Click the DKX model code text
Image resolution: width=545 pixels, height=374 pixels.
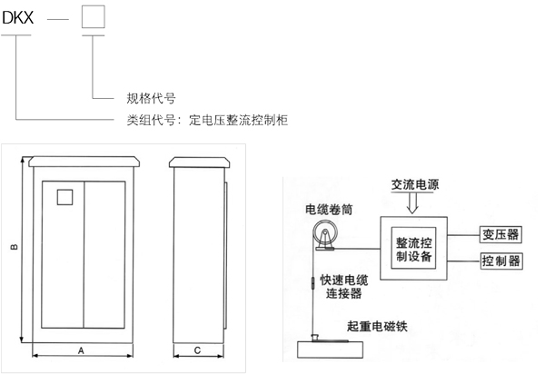coord(18,17)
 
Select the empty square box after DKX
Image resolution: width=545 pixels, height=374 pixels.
coord(94,16)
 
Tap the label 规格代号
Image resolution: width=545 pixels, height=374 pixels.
coord(151,98)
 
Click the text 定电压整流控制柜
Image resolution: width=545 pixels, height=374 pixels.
coord(238,120)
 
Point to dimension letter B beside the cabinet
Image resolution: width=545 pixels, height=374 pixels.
coord(15,247)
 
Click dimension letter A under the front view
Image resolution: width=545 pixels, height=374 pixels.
coord(81,350)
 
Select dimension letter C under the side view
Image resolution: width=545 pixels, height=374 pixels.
coord(197,350)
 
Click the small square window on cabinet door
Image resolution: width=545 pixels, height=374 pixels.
coord(65,197)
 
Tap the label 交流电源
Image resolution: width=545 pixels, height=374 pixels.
coord(415,184)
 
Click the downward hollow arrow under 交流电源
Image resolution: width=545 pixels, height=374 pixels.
coord(413,203)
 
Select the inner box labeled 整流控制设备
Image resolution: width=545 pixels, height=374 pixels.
coord(413,248)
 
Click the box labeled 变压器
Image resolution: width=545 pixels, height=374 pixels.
coord(500,235)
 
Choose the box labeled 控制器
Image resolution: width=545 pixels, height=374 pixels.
coord(500,261)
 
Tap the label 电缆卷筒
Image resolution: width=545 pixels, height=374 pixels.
coord(329,210)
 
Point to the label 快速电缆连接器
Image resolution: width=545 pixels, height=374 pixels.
coord(343,287)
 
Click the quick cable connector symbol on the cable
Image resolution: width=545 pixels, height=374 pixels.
coord(312,282)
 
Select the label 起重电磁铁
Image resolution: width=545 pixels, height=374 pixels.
coord(377,326)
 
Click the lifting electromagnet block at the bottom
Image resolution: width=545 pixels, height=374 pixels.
coord(331,349)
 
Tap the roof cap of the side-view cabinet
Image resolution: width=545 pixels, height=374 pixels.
coord(200,162)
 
